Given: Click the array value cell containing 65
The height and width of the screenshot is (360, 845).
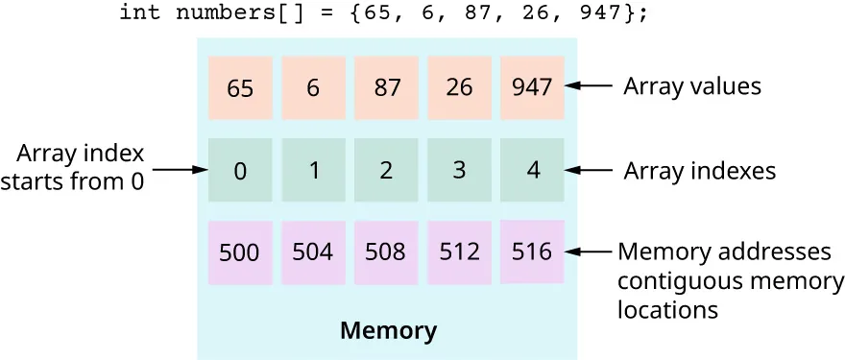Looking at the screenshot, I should pyautogui.click(x=240, y=87).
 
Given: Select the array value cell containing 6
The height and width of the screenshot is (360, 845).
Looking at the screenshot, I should pyautogui.click(x=313, y=87).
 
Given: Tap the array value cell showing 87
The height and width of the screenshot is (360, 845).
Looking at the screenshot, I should pyautogui.click(x=386, y=87).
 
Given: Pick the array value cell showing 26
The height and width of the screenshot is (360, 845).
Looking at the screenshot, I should pyautogui.click(x=459, y=87).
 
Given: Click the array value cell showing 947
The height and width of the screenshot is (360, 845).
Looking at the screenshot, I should pyautogui.click(x=532, y=87).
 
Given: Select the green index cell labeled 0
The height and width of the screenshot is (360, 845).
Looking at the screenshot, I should pyautogui.click(x=240, y=171).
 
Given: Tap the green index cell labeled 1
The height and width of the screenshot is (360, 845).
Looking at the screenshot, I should pyautogui.click(x=313, y=171).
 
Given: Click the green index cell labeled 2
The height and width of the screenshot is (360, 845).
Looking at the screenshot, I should pyautogui.click(x=386, y=171).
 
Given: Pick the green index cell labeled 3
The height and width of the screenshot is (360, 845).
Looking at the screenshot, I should pyautogui.click(x=459, y=171).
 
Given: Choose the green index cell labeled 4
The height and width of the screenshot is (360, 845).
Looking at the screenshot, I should pyautogui.click(x=532, y=171).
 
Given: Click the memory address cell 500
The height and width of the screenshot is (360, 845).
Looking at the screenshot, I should pyautogui.click(x=240, y=252).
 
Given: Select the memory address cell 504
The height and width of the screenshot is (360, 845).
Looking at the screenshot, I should pyautogui.click(x=313, y=252).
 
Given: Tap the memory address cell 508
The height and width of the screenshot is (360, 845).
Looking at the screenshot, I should pyautogui.click(x=386, y=252).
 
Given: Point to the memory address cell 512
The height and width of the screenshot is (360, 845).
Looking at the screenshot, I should pyautogui.click(x=459, y=252).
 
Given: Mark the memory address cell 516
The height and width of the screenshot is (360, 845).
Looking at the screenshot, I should pyautogui.click(x=532, y=252).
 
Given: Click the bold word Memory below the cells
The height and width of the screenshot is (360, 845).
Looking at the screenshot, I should pyautogui.click(x=388, y=332).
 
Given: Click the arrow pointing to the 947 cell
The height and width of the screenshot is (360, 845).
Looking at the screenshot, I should pyautogui.click(x=590, y=86).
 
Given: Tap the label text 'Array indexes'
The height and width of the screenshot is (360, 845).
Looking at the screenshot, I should pyautogui.click(x=699, y=171).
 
